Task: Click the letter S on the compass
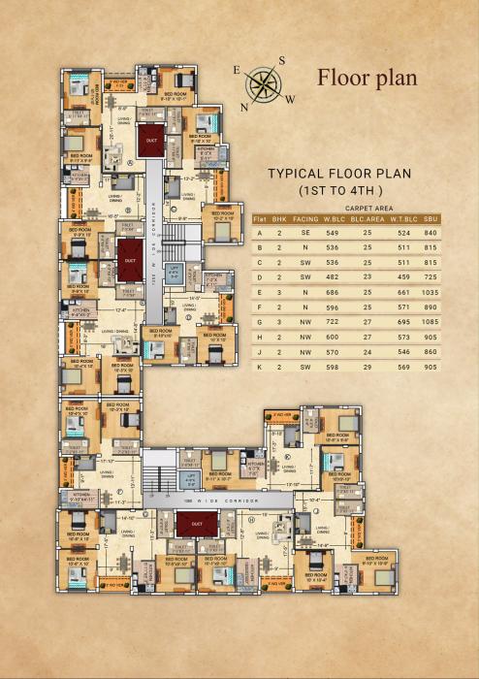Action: (x=282, y=61)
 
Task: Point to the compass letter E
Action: (x=237, y=71)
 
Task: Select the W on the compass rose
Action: (x=289, y=99)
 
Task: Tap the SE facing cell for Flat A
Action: (x=306, y=234)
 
